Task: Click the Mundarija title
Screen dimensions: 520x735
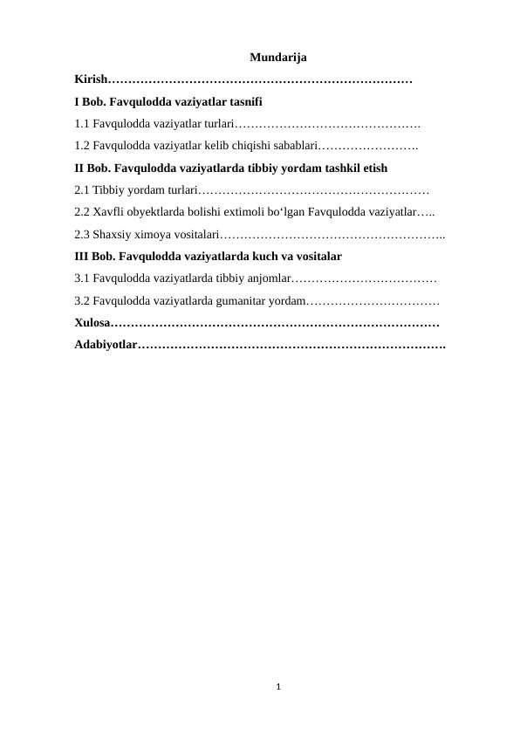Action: point(277,58)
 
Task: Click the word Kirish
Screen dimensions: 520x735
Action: point(91,79)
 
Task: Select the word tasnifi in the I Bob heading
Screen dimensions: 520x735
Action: point(231,101)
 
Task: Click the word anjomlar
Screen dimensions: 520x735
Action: point(264,278)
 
